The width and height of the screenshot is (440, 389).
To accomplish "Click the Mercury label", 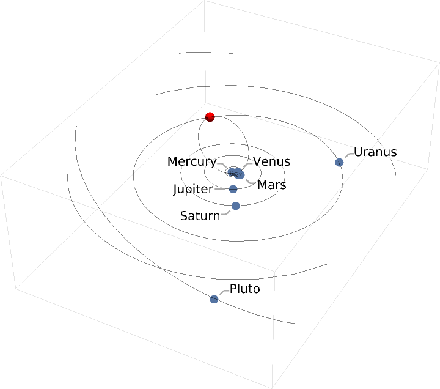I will pos(191,162).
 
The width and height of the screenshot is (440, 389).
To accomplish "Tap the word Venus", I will pos(271,162).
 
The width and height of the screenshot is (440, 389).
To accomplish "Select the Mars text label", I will pos(271,184).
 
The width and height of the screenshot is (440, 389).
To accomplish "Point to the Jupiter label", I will pos(193,190).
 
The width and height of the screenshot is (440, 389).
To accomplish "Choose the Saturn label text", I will pos(200,216).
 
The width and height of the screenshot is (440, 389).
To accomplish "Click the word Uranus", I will pos(375,152).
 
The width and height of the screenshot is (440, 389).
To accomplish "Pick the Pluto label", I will pos(244,289).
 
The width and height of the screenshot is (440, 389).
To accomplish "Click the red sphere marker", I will pos(210,116).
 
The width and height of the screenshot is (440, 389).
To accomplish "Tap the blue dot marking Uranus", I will pos(339,162).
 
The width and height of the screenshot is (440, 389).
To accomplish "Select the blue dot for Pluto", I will pos(214,299).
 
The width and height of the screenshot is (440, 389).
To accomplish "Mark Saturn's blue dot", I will pos(236,206).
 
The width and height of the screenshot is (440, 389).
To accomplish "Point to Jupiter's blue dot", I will pos(233,189).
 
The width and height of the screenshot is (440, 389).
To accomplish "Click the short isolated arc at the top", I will pos(208,53).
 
